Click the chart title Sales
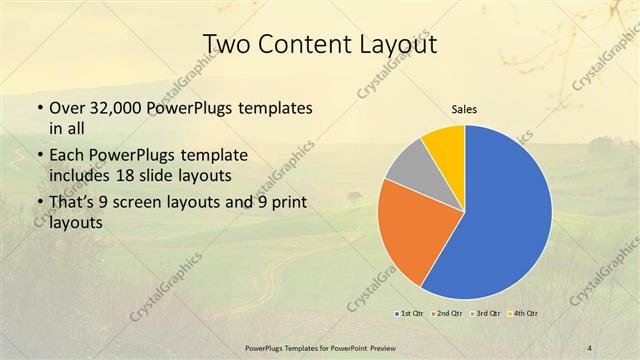[x=464, y=109]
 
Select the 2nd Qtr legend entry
[x=446, y=314]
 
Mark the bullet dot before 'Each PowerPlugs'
[x=39, y=156]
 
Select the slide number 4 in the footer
[x=589, y=346]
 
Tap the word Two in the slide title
[x=226, y=45]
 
